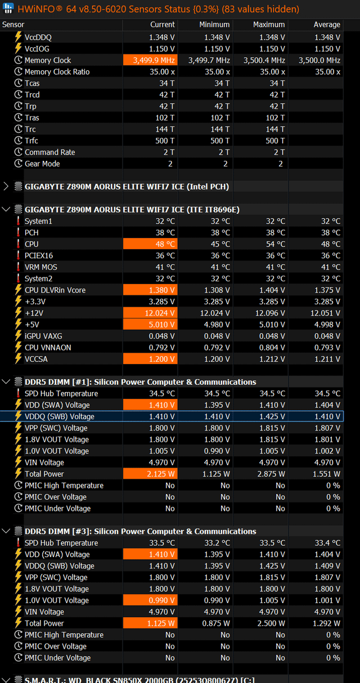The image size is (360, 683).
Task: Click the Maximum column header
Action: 268,25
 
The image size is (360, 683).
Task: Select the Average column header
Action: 327,25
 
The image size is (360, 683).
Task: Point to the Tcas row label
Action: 32,83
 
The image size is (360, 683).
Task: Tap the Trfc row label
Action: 31,141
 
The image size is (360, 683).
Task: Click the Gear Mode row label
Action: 42,164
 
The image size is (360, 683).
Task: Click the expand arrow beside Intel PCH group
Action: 6,186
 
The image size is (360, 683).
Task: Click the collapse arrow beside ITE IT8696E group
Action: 6,209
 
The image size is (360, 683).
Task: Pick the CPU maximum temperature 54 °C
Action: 276,244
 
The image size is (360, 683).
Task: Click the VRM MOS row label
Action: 41,267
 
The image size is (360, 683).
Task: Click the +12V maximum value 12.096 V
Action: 270,313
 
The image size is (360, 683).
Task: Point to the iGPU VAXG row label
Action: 43,336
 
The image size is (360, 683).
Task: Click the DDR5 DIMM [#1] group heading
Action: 140,382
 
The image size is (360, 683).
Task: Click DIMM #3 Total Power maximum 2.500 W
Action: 271,623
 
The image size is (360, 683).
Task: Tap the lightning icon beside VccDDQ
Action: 19,37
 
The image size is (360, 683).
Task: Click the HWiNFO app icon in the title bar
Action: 8,8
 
